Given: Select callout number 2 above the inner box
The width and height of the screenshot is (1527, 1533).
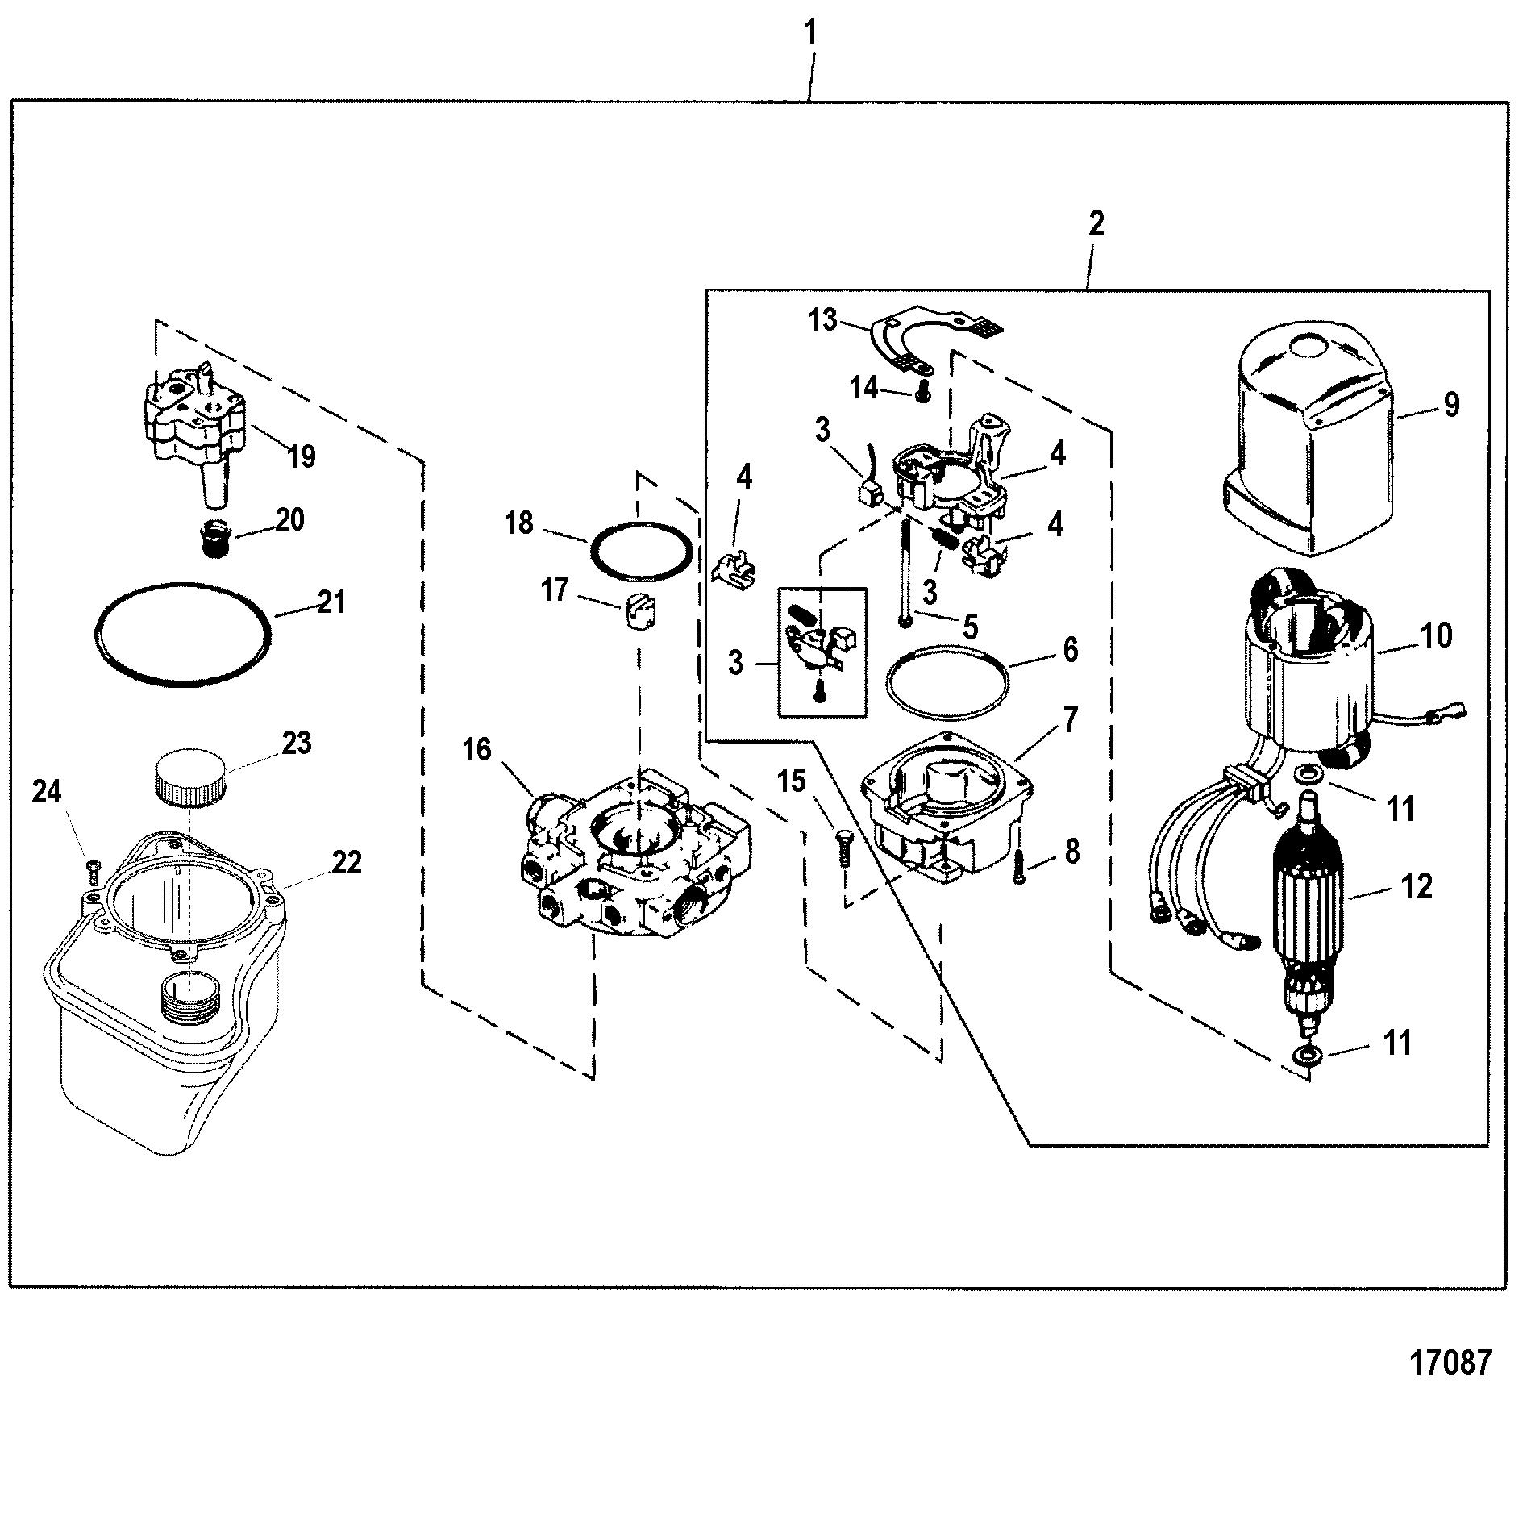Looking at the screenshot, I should click(1095, 223).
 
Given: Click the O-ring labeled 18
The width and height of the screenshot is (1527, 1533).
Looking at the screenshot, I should click(641, 552).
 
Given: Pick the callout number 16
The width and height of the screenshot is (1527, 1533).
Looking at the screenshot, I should click(477, 750).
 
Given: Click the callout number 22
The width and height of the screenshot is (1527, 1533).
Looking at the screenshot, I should click(347, 863).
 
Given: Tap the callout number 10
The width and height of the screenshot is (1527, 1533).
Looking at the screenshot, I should click(1437, 635).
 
